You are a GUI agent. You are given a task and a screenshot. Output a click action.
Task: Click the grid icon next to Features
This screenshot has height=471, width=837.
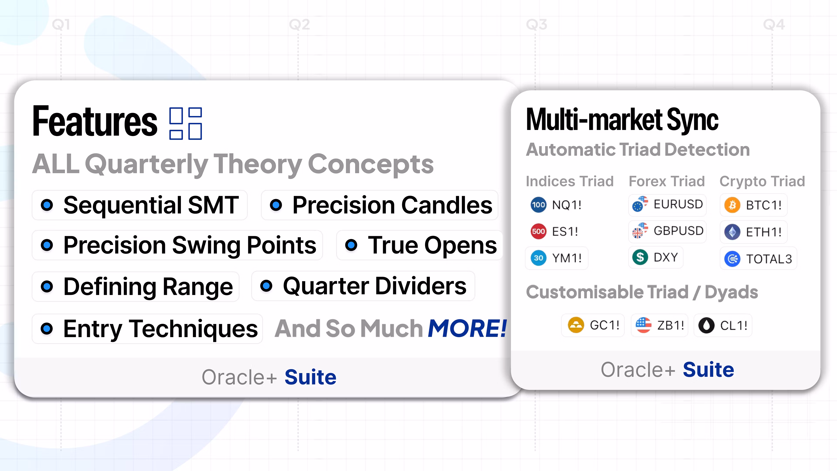click(185, 123)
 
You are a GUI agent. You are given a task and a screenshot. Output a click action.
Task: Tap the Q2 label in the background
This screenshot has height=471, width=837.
click(299, 25)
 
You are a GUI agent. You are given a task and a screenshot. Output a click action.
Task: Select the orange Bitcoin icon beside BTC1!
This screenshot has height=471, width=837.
click(732, 205)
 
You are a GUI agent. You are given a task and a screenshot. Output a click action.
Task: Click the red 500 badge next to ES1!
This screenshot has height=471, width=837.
click(538, 231)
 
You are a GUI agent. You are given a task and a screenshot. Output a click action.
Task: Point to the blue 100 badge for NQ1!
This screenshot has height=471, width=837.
click(538, 205)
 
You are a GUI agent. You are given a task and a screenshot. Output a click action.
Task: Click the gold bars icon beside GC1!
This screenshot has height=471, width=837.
click(576, 325)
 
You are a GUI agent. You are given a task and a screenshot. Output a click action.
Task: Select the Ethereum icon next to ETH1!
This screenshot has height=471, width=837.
click(732, 232)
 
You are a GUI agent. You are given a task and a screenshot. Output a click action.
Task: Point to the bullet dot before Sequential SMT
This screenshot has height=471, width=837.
click(47, 205)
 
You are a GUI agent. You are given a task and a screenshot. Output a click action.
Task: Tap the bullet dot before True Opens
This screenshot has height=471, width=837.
click(351, 245)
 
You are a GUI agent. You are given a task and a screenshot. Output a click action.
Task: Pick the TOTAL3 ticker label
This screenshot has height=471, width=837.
click(769, 259)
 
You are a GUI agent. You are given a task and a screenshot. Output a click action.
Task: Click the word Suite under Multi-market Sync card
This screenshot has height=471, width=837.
click(708, 370)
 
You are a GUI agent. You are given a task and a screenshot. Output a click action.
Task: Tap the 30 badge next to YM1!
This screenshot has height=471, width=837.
click(538, 258)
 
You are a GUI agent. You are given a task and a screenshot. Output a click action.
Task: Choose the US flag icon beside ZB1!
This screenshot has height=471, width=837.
click(643, 325)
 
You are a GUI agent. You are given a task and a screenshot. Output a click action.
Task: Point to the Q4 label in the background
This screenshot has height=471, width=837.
click(774, 25)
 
